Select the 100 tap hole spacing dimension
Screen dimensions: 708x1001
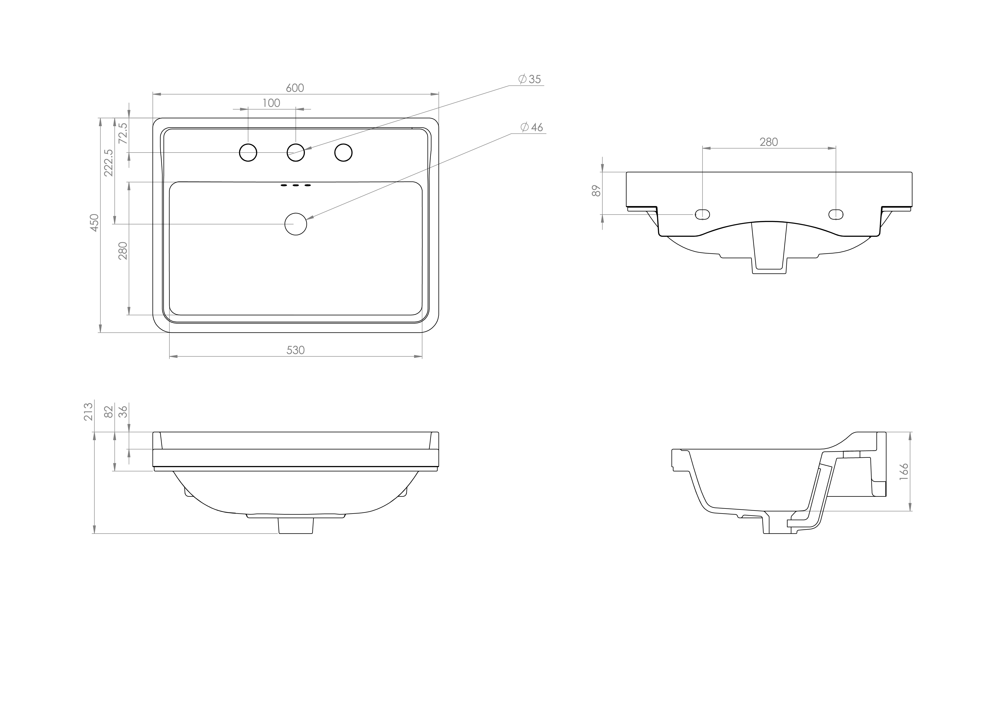point(271,103)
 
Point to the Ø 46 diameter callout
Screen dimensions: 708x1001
point(532,127)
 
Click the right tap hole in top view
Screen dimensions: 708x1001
point(343,153)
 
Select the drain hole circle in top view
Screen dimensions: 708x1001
point(296,224)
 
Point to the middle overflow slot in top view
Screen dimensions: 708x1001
point(296,186)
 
